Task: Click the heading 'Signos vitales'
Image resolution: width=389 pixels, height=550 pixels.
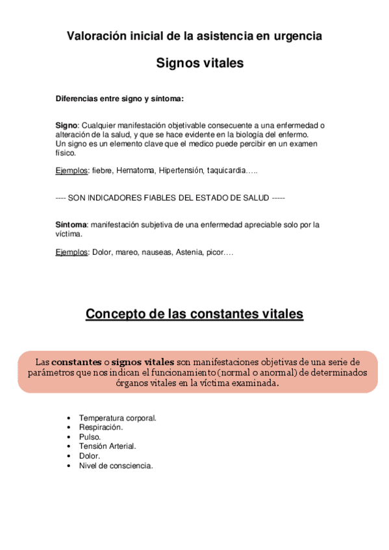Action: [x=199, y=64]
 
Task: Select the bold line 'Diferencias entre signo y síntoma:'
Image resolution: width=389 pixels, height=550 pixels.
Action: [x=119, y=99]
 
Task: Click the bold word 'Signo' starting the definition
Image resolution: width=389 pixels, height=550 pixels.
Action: [x=66, y=125]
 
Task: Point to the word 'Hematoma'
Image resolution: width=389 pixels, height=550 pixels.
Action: [x=132, y=171]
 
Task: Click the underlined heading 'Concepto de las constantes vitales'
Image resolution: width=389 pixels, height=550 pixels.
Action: [x=194, y=315]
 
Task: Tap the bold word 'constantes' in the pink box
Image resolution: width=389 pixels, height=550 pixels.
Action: [x=77, y=361]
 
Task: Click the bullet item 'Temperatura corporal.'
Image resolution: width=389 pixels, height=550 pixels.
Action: [x=118, y=418]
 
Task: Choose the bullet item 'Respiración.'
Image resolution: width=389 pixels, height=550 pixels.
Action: [x=101, y=427]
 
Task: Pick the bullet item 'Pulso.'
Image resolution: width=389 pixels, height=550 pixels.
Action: [x=90, y=437]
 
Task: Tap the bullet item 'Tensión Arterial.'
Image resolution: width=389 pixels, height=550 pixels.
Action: [x=107, y=446]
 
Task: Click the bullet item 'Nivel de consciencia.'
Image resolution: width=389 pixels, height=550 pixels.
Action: [x=116, y=465]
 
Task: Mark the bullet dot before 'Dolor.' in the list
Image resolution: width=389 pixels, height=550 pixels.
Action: [x=69, y=456]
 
